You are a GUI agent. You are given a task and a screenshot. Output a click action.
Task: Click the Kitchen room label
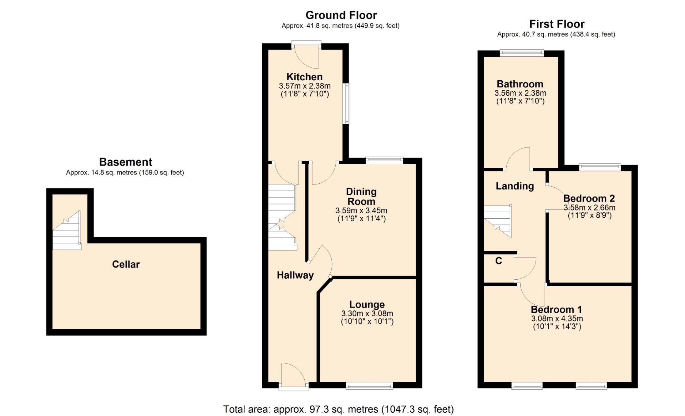coord(304,77)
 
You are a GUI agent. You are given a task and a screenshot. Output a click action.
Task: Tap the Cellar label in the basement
coord(126,264)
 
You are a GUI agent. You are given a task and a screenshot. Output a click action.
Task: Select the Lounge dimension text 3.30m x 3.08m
coord(367,313)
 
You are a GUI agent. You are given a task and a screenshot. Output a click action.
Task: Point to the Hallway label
coord(295,275)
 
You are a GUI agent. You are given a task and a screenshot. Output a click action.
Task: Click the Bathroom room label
coord(520,84)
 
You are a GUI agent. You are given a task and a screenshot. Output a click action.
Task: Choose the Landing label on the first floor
coord(515,186)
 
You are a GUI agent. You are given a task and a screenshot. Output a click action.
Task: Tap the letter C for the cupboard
coord(499,261)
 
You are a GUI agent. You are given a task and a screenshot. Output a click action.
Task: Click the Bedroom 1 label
coord(556,309)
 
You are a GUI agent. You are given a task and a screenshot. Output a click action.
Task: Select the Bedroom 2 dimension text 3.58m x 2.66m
coord(589,207)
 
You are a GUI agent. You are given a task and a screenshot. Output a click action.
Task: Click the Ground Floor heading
coord(341,15)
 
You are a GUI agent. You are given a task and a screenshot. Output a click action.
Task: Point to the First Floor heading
coord(557,24)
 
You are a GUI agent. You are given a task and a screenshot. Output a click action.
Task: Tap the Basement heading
coord(126,162)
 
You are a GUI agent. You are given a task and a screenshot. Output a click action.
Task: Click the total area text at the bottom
coord(339,409)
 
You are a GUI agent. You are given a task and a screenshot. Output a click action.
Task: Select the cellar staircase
coord(67,230)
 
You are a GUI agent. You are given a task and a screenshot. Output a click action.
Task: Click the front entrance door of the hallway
coord(294,376)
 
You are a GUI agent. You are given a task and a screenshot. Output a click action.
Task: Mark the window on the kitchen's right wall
coord(346,103)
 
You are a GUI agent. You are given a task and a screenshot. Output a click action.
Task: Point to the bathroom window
coord(522,53)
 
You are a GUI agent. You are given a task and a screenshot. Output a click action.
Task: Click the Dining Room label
coord(361,197)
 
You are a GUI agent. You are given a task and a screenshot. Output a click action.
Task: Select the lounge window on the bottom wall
coord(369,385)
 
